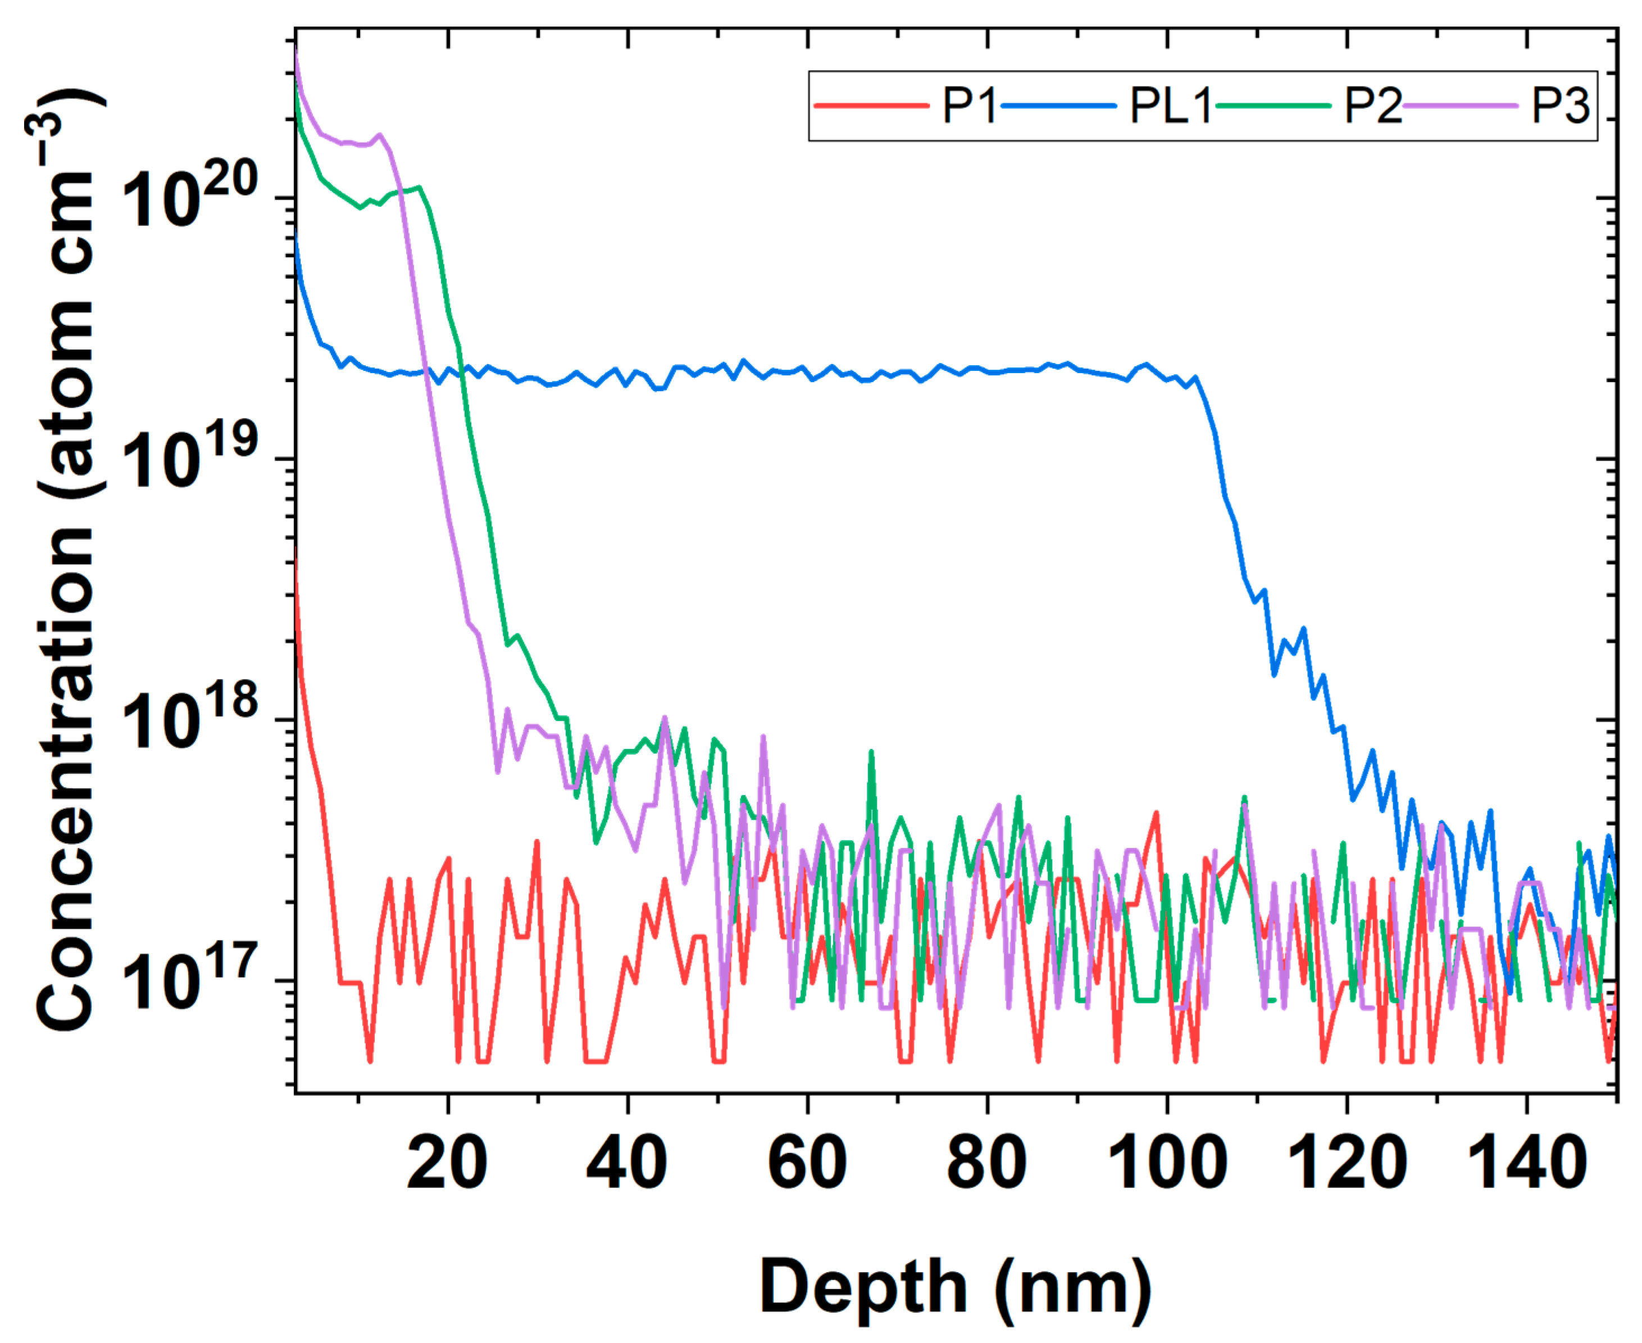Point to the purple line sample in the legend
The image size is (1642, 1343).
point(1460,105)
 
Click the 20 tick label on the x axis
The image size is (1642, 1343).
point(447,1164)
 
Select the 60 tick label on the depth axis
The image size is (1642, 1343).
point(807,1164)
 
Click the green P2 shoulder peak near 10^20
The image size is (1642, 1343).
point(419,187)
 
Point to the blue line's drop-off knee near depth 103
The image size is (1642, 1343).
point(1197,379)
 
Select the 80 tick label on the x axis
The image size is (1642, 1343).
point(987,1164)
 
